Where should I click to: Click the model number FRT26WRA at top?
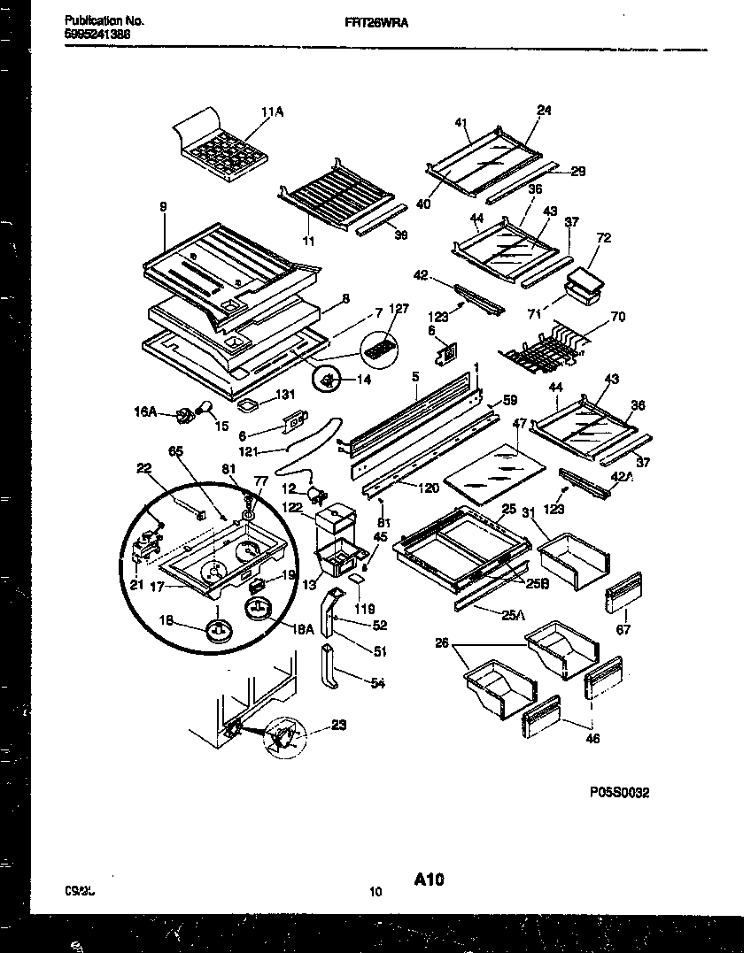pyautogui.click(x=375, y=27)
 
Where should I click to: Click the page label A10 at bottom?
pyautogui.click(x=428, y=879)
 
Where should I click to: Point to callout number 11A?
pyautogui.click(x=272, y=112)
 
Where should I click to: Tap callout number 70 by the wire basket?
pyautogui.click(x=617, y=316)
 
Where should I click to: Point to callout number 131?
pyautogui.click(x=285, y=396)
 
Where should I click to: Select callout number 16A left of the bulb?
pyautogui.click(x=145, y=411)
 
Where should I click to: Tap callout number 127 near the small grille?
pyautogui.click(x=399, y=309)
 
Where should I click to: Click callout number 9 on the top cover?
pyautogui.click(x=163, y=209)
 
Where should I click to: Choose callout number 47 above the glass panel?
pyautogui.click(x=519, y=425)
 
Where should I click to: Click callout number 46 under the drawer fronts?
pyautogui.click(x=593, y=739)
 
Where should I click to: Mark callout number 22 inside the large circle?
pyautogui.click(x=143, y=469)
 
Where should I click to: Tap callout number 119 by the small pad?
pyautogui.click(x=365, y=609)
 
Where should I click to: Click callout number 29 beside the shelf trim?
pyautogui.click(x=577, y=172)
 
